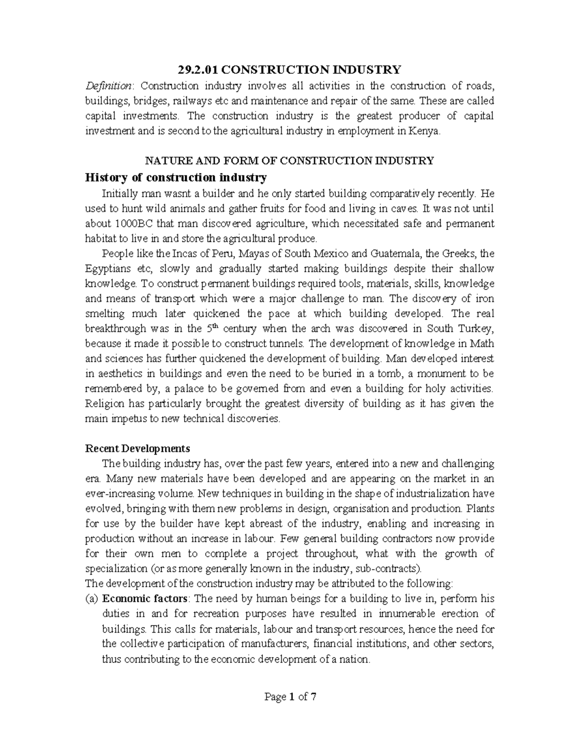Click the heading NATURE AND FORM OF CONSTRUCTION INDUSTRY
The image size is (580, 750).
coord(290,161)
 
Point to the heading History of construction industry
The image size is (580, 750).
coord(175,178)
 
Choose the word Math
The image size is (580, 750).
coord(483,343)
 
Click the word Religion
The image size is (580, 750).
coord(104,403)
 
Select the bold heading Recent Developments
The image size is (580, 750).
coord(137,448)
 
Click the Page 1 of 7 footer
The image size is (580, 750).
coord(290,697)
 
